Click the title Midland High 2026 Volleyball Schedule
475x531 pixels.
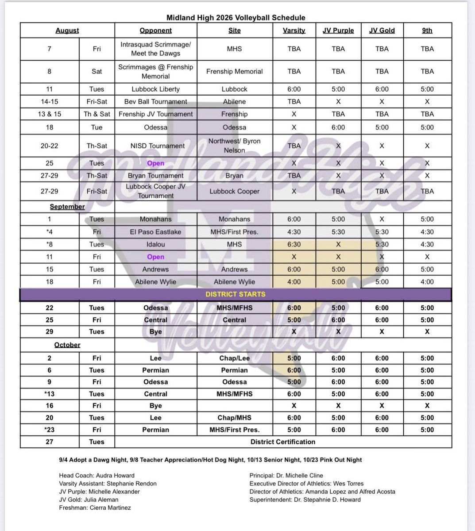coord(236,18)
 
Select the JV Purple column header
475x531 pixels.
coord(338,31)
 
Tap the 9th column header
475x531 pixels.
coord(427,31)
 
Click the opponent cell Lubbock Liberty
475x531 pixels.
coord(156,89)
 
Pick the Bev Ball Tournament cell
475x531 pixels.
coord(156,101)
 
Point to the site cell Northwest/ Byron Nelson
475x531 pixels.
coord(234,146)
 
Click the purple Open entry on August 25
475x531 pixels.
coord(156,163)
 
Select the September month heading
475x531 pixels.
coord(67,207)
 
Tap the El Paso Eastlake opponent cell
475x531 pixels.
coord(156,231)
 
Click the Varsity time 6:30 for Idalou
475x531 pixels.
coord(294,244)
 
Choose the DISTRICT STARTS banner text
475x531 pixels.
coord(236,294)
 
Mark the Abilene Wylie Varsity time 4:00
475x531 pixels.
coord(294,281)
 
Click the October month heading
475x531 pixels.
coord(67,345)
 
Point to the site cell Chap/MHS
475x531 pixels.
coord(234,417)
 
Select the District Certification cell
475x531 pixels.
coord(283,442)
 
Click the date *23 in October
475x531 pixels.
coord(50,429)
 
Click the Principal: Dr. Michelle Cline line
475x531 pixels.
coord(286,475)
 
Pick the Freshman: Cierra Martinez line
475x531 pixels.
coord(95,508)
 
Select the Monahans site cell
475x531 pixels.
coord(234,219)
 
